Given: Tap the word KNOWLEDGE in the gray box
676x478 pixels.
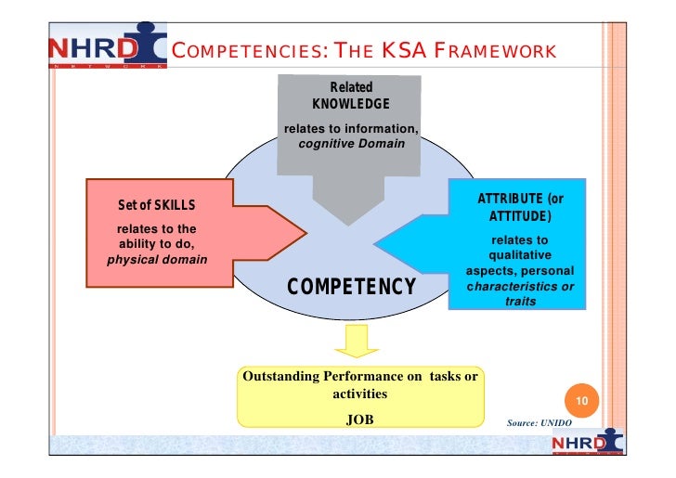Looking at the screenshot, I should (x=350, y=103).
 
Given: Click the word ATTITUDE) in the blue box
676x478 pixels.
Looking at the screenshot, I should (x=520, y=217).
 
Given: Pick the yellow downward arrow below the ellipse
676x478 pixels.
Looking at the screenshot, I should (x=352, y=342).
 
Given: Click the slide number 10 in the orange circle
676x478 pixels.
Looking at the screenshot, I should (x=580, y=401).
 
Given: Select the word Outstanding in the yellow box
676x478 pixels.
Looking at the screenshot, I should (x=279, y=377).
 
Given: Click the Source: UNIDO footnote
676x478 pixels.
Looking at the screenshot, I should (x=539, y=422).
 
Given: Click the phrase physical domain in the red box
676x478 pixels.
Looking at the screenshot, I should (x=157, y=258).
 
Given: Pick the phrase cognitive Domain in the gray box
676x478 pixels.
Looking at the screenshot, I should (x=351, y=144).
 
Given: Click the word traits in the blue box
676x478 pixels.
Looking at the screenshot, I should (x=520, y=301).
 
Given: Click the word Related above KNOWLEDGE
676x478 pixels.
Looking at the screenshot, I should (x=351, y=87).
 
